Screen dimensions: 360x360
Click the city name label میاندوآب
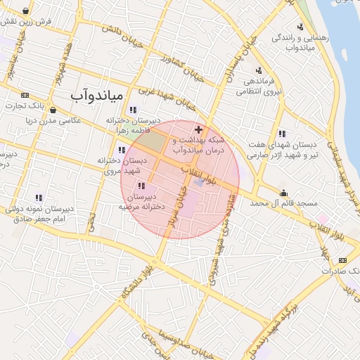[98, 94]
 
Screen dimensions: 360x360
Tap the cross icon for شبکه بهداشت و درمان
[198, 129]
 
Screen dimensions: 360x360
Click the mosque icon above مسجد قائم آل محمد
[283, 193]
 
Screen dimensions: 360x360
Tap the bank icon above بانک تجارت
[25, 95]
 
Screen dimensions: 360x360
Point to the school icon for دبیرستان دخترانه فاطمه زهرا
[133, 110]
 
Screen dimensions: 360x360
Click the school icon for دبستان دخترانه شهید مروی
[122, 150]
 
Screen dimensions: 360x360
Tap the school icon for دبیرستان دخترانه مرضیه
[141, 186]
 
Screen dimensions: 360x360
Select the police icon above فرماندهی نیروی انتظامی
[259, 70]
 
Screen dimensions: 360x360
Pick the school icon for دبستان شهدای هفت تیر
[282, 134]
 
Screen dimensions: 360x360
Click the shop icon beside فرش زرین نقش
[26, 11]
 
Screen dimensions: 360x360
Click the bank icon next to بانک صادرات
[342, 260]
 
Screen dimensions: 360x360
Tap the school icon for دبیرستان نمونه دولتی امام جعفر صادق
[38, 198]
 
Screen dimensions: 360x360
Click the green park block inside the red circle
[148, 141]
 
